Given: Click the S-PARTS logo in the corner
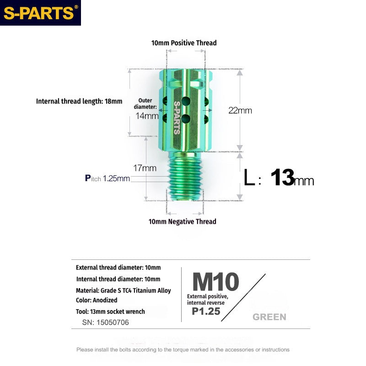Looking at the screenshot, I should pos(40,13).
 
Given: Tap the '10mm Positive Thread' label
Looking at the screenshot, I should pos(184,43).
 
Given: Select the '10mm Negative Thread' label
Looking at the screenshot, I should pos(182,221).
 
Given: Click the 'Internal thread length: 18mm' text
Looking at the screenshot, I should pos(79,101).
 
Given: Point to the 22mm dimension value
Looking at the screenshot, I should pos(241,110).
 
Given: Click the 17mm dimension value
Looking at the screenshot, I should pos(145,168).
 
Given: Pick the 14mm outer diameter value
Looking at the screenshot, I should pos(147,116).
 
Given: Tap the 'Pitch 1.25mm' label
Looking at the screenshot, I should pos(108,178).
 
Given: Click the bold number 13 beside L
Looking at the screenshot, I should pos(282,178).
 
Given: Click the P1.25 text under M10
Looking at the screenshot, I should pos(205,312).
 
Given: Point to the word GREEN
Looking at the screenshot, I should pos(269,317).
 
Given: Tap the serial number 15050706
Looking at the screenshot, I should pos(106,322).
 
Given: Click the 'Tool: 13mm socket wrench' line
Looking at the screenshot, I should pos(110,312).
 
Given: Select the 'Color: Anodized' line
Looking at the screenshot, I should pos(97,301).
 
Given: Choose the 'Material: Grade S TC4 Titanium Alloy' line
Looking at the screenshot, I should pos(124,291).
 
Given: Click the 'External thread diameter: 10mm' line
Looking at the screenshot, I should pos(118,268).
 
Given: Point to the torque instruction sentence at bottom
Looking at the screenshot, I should pos(183,350).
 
